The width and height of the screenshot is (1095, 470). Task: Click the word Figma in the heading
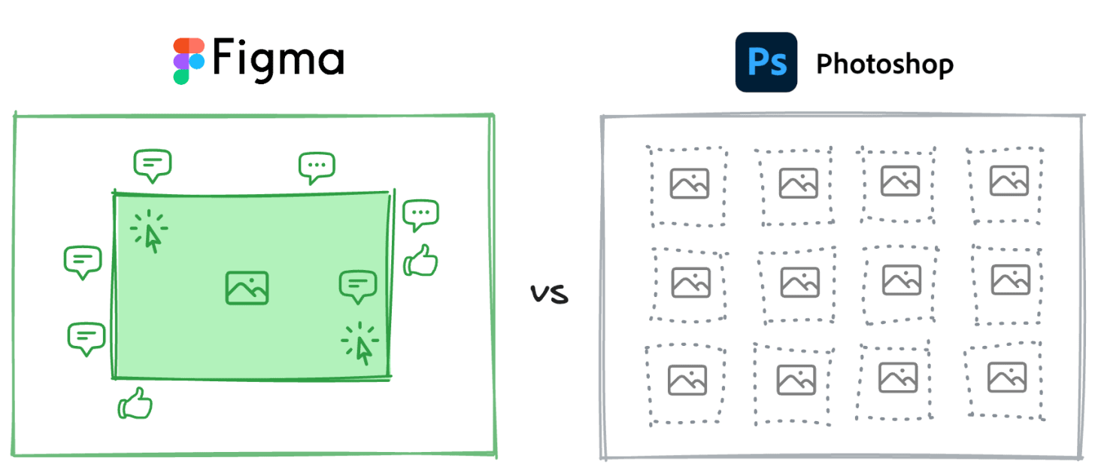point(278,59)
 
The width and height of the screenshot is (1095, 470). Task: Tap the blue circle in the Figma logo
point(197,61)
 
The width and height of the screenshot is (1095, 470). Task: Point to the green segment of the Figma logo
point(181,76)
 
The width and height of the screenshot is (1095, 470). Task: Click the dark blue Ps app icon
point(766,62)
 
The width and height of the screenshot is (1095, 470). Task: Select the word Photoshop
point(884,64)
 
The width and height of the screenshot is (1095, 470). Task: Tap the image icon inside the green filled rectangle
point(247,287)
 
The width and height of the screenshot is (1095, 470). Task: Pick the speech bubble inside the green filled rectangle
point(358,287)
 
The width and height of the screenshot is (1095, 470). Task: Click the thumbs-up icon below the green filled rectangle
point(135,404)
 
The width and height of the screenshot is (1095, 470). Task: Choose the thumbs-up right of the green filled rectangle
point(420,262)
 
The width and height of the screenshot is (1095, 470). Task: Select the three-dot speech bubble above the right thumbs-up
point(420,216)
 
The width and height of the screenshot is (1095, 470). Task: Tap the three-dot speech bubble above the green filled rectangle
point(317,167)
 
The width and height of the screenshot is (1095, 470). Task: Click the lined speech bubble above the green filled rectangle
point(153,165)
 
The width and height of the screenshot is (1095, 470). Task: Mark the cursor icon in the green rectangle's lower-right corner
point(361,344)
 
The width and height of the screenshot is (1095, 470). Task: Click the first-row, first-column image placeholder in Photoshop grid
point(689,183)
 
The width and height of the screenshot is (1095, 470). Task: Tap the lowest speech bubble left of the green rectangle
point(86,338)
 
